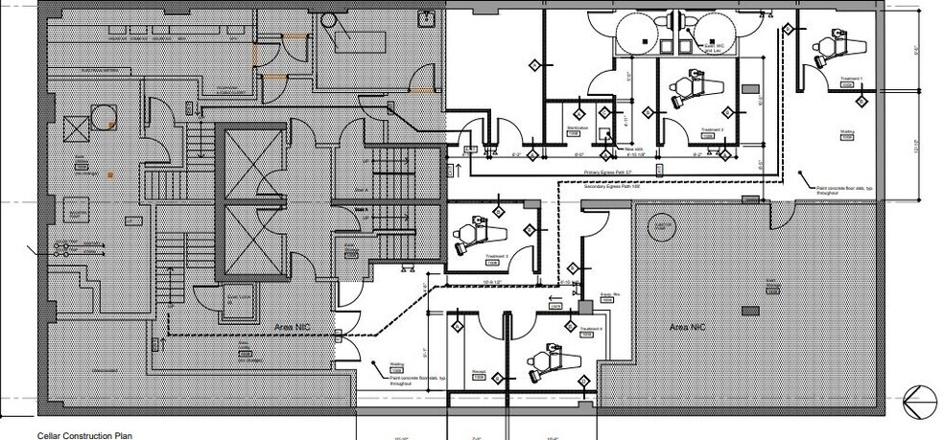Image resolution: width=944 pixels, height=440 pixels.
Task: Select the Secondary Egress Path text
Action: pyautogui.click(x=612, y=186)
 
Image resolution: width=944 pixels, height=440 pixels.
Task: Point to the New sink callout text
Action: pyautogui.click(x=634, y=150)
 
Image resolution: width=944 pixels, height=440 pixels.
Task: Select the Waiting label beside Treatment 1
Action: pyautogui.click(x=847, y=133)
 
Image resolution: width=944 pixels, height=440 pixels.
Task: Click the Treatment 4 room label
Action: pyautogui.click(x=592, y=329)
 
